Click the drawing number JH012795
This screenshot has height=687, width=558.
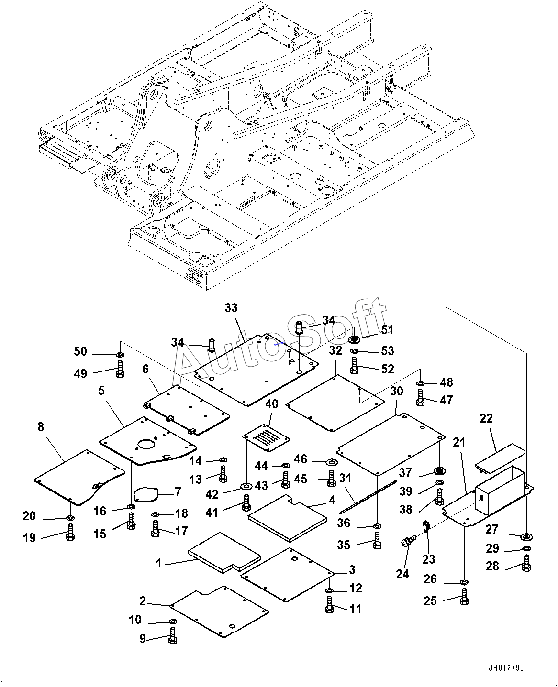tap(506, 668)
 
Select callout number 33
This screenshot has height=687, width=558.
tap(231, 308)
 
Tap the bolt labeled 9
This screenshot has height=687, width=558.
tap(173, 636)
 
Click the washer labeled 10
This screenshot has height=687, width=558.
tap(173, 622)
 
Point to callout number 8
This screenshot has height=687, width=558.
tap(40, 427)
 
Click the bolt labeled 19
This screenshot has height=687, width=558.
tap(70, 533)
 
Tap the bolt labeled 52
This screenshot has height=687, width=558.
tap(354, 366)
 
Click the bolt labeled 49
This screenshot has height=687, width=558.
tap(120, 369)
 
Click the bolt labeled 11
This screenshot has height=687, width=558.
tap(329, 605)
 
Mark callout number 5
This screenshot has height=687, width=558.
tap(101, 391)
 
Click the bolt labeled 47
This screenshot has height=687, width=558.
tap(420, 398)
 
